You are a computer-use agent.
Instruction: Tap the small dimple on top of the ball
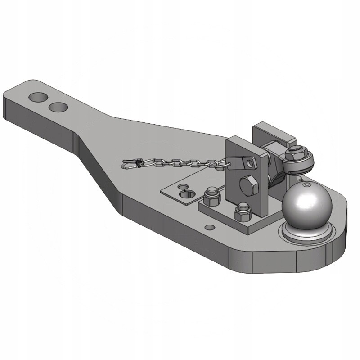pos(306,185)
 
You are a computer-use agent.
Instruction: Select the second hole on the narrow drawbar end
pos(58,107)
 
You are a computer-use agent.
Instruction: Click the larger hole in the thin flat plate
pos(189,194)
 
